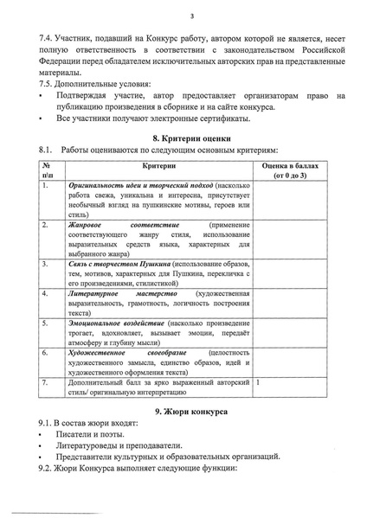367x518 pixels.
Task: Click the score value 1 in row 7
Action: point(259,381)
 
